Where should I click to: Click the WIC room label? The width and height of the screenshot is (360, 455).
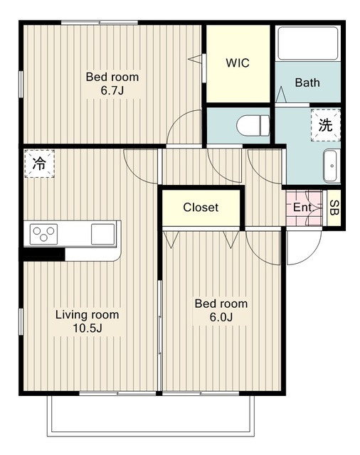(238, 63)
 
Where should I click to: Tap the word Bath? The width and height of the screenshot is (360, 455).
(307, 82)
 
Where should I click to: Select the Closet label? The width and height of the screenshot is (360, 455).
(201, 207)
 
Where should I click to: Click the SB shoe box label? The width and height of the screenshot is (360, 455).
(334, 208)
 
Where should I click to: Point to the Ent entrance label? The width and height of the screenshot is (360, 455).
(302, 207)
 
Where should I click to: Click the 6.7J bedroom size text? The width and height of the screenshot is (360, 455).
(112, 90)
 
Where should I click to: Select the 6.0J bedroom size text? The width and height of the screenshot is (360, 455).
(221, 317)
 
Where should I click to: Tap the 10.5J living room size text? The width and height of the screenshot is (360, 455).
(87, 328)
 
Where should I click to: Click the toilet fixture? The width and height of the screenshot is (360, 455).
(253, 125)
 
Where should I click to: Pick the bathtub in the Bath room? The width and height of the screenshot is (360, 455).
(308, 43)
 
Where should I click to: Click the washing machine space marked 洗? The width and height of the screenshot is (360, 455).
(325, 125)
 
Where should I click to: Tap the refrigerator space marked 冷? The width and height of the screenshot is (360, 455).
(39, 164)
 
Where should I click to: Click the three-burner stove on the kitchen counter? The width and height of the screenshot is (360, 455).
(43, 234)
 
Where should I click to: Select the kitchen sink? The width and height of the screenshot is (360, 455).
(102, 234)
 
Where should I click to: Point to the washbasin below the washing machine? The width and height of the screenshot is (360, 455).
(332, 166)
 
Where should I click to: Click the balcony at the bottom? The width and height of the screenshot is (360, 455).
(151, 416)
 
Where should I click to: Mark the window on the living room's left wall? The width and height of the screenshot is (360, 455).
(21, 321)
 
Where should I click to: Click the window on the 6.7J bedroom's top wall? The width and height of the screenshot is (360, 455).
(100, 22)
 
